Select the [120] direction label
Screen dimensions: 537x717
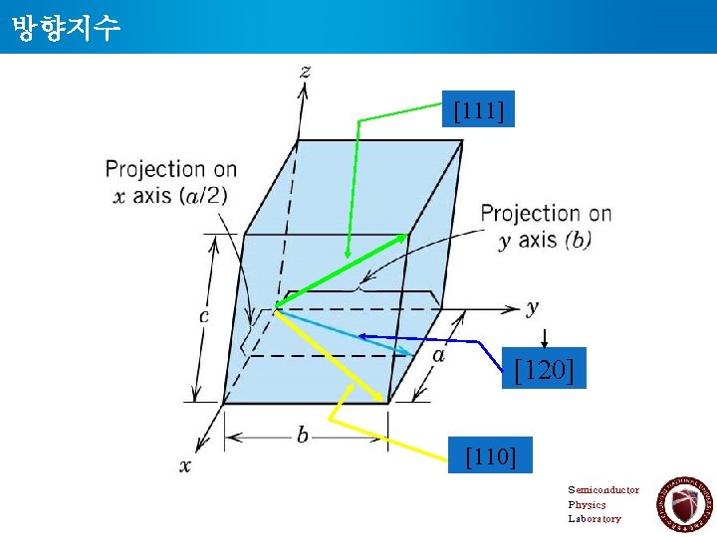click(x=544, y=371)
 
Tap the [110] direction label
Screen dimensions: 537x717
click(x=491, y=457)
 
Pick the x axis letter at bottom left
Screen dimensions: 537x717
click(x=185, y=464)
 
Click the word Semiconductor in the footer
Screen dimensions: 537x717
click(x=603, y=489)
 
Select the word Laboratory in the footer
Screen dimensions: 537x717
click(x=595, y=518)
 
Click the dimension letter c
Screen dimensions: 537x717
click(x=204, y=316)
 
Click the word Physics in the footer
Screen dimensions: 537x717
click(x=587, y=504)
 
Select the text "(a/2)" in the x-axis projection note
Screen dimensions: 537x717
click(x=199, y=195)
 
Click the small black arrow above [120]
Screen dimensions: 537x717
click(x=545, y=338)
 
